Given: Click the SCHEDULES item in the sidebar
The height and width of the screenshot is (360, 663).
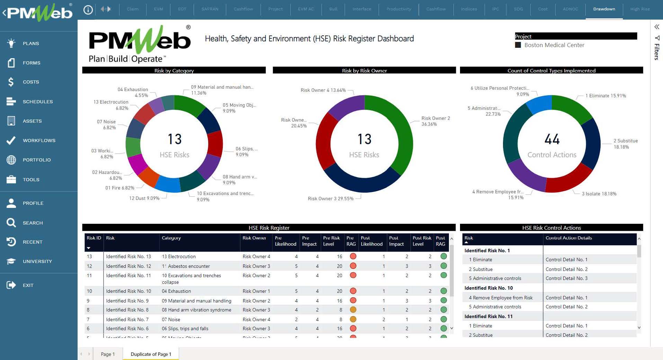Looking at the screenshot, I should (37, 102).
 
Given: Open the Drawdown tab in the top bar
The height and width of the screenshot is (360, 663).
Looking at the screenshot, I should (604, 9).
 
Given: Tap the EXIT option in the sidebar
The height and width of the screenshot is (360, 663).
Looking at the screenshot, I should (28, 285).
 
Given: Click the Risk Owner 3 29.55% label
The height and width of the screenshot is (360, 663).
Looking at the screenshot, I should (330, 199).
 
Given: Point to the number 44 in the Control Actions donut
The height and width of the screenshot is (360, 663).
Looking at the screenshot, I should (552, 139).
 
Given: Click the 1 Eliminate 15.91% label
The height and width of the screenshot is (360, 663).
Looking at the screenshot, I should (605, 96).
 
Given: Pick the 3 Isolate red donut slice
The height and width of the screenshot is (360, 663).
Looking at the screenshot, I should (568, 180).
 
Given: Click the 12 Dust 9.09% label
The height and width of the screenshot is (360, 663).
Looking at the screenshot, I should (144, 198).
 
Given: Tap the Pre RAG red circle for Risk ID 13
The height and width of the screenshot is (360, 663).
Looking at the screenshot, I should (353, 256).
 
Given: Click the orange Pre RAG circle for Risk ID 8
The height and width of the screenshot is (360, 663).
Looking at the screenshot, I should (353, 310).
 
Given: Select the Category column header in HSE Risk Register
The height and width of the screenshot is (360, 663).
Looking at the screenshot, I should (171, 238).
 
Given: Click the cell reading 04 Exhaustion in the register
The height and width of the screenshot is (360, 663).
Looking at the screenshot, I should (176, 291).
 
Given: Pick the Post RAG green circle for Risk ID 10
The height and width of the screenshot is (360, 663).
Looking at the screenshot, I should (443, 291).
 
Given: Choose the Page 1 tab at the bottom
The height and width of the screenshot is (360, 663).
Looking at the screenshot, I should (107, 354).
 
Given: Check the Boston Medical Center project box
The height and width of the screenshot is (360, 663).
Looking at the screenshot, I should (518, 45).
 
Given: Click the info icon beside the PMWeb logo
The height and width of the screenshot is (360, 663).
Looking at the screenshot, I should (88, 10).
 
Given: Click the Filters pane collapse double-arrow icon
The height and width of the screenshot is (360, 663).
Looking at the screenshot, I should (656, 27).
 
